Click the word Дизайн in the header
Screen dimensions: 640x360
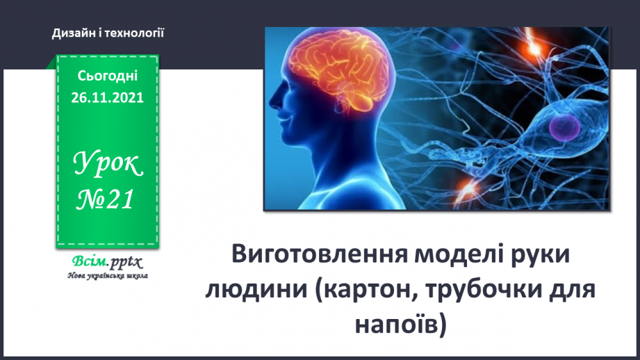point(74,33)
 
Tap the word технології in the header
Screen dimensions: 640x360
point(135,33)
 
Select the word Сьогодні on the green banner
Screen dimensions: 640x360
point(108,76)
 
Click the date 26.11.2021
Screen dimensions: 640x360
point(107,97)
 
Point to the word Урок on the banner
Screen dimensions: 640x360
point(108,164)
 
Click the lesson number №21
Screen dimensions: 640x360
point(106,199)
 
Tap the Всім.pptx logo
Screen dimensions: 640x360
point(107,261)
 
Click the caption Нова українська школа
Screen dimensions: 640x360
point(108,276)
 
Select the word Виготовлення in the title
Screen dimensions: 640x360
point(320,254)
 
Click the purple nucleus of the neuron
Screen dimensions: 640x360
point(564,127)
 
